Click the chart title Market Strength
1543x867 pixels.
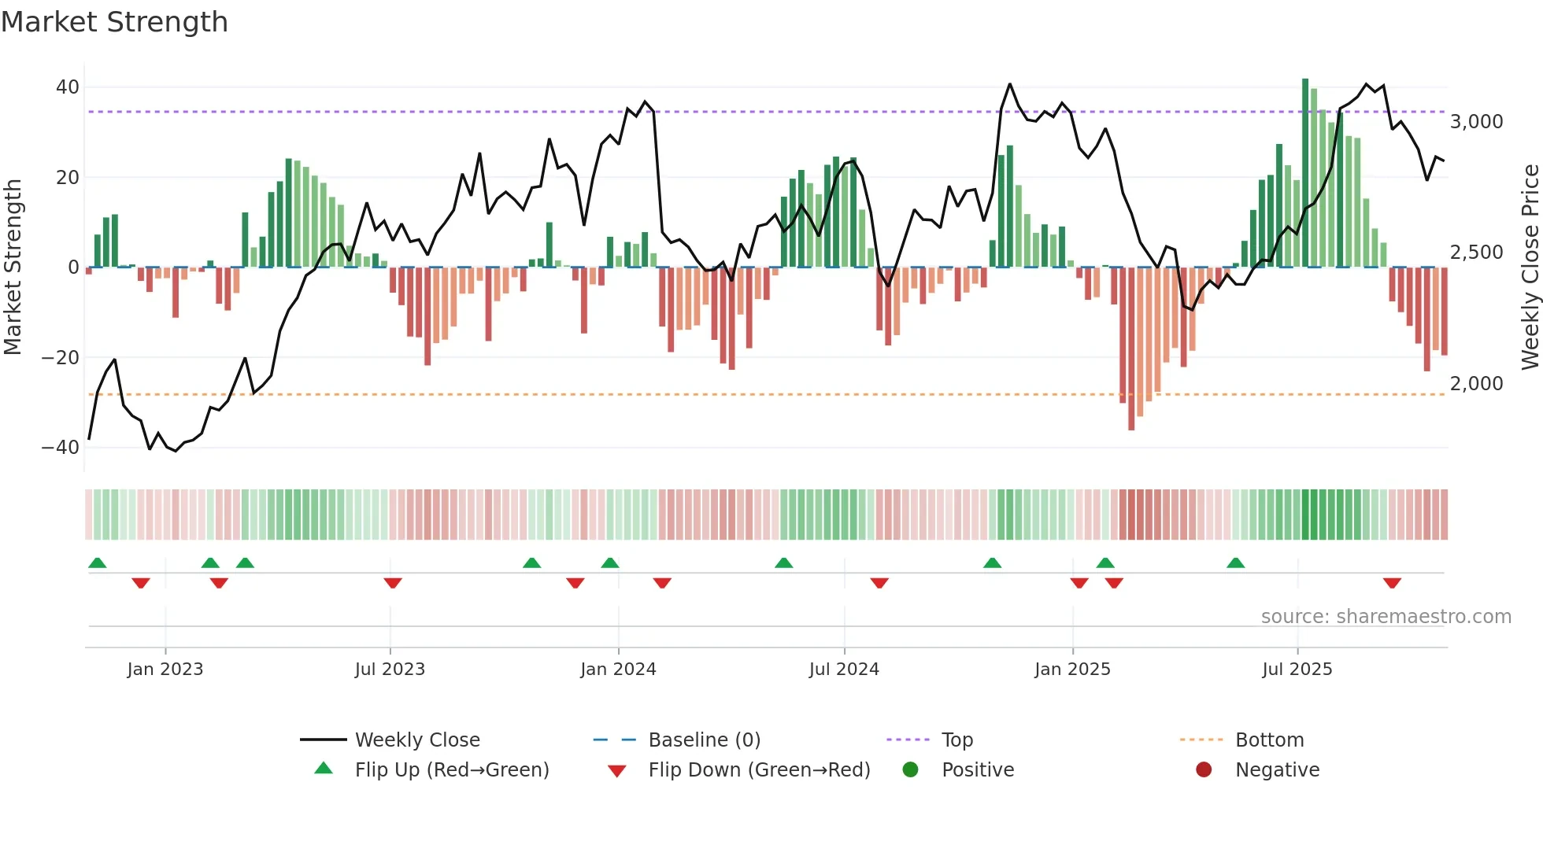[x=114, y=22]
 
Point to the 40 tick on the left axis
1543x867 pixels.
[x=68, y=87]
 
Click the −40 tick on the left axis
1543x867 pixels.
[x=61, y=448]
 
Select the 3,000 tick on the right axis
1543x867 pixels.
[x=1476, y=122]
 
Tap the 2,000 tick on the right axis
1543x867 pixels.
[x=1476, y=384]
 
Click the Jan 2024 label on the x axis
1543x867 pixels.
[x=618, y=670]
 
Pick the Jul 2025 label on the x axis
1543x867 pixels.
[x=1297, y=670]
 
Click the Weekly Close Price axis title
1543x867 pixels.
[x=1530, y=267]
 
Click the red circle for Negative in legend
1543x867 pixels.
[x=1204, y=770]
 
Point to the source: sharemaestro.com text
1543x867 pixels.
[x=1386, y=617]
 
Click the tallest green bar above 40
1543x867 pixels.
[x=1305, y=173]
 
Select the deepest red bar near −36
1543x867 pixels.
[x=1131, y=350]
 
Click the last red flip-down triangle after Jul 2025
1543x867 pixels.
[x=1392, y=583]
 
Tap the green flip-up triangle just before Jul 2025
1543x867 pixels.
[x=1236, y=563]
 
